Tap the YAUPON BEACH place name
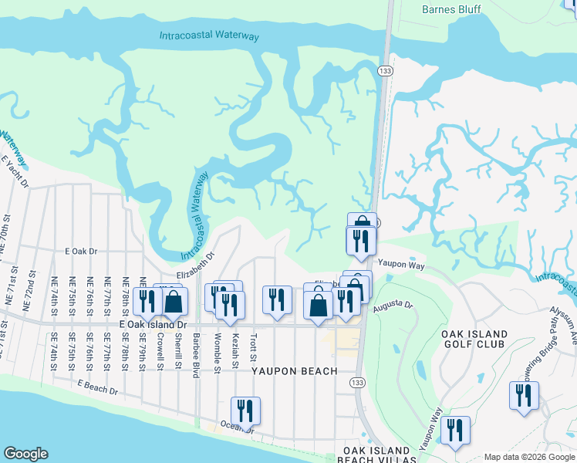click(295, 371)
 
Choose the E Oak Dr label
click(82, 252)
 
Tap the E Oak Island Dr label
click(154, 326)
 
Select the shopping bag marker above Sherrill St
click(173, 302)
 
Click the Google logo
click(26, 454)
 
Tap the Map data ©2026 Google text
click(528, 457)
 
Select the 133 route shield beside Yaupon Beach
click(356, 383)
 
